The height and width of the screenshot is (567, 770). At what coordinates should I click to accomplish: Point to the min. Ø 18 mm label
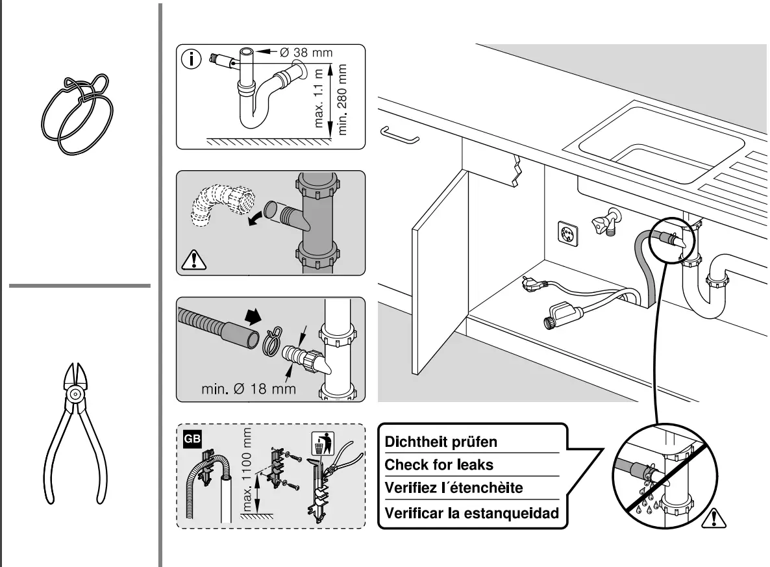point(247,388)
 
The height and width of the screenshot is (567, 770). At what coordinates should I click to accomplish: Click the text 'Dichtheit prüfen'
point(441,442)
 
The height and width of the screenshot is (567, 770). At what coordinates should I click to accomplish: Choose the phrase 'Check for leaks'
point(439,465)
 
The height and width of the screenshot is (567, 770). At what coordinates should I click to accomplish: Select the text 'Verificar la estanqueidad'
point(471,513)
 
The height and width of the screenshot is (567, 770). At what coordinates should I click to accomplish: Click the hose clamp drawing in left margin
point(77,114)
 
